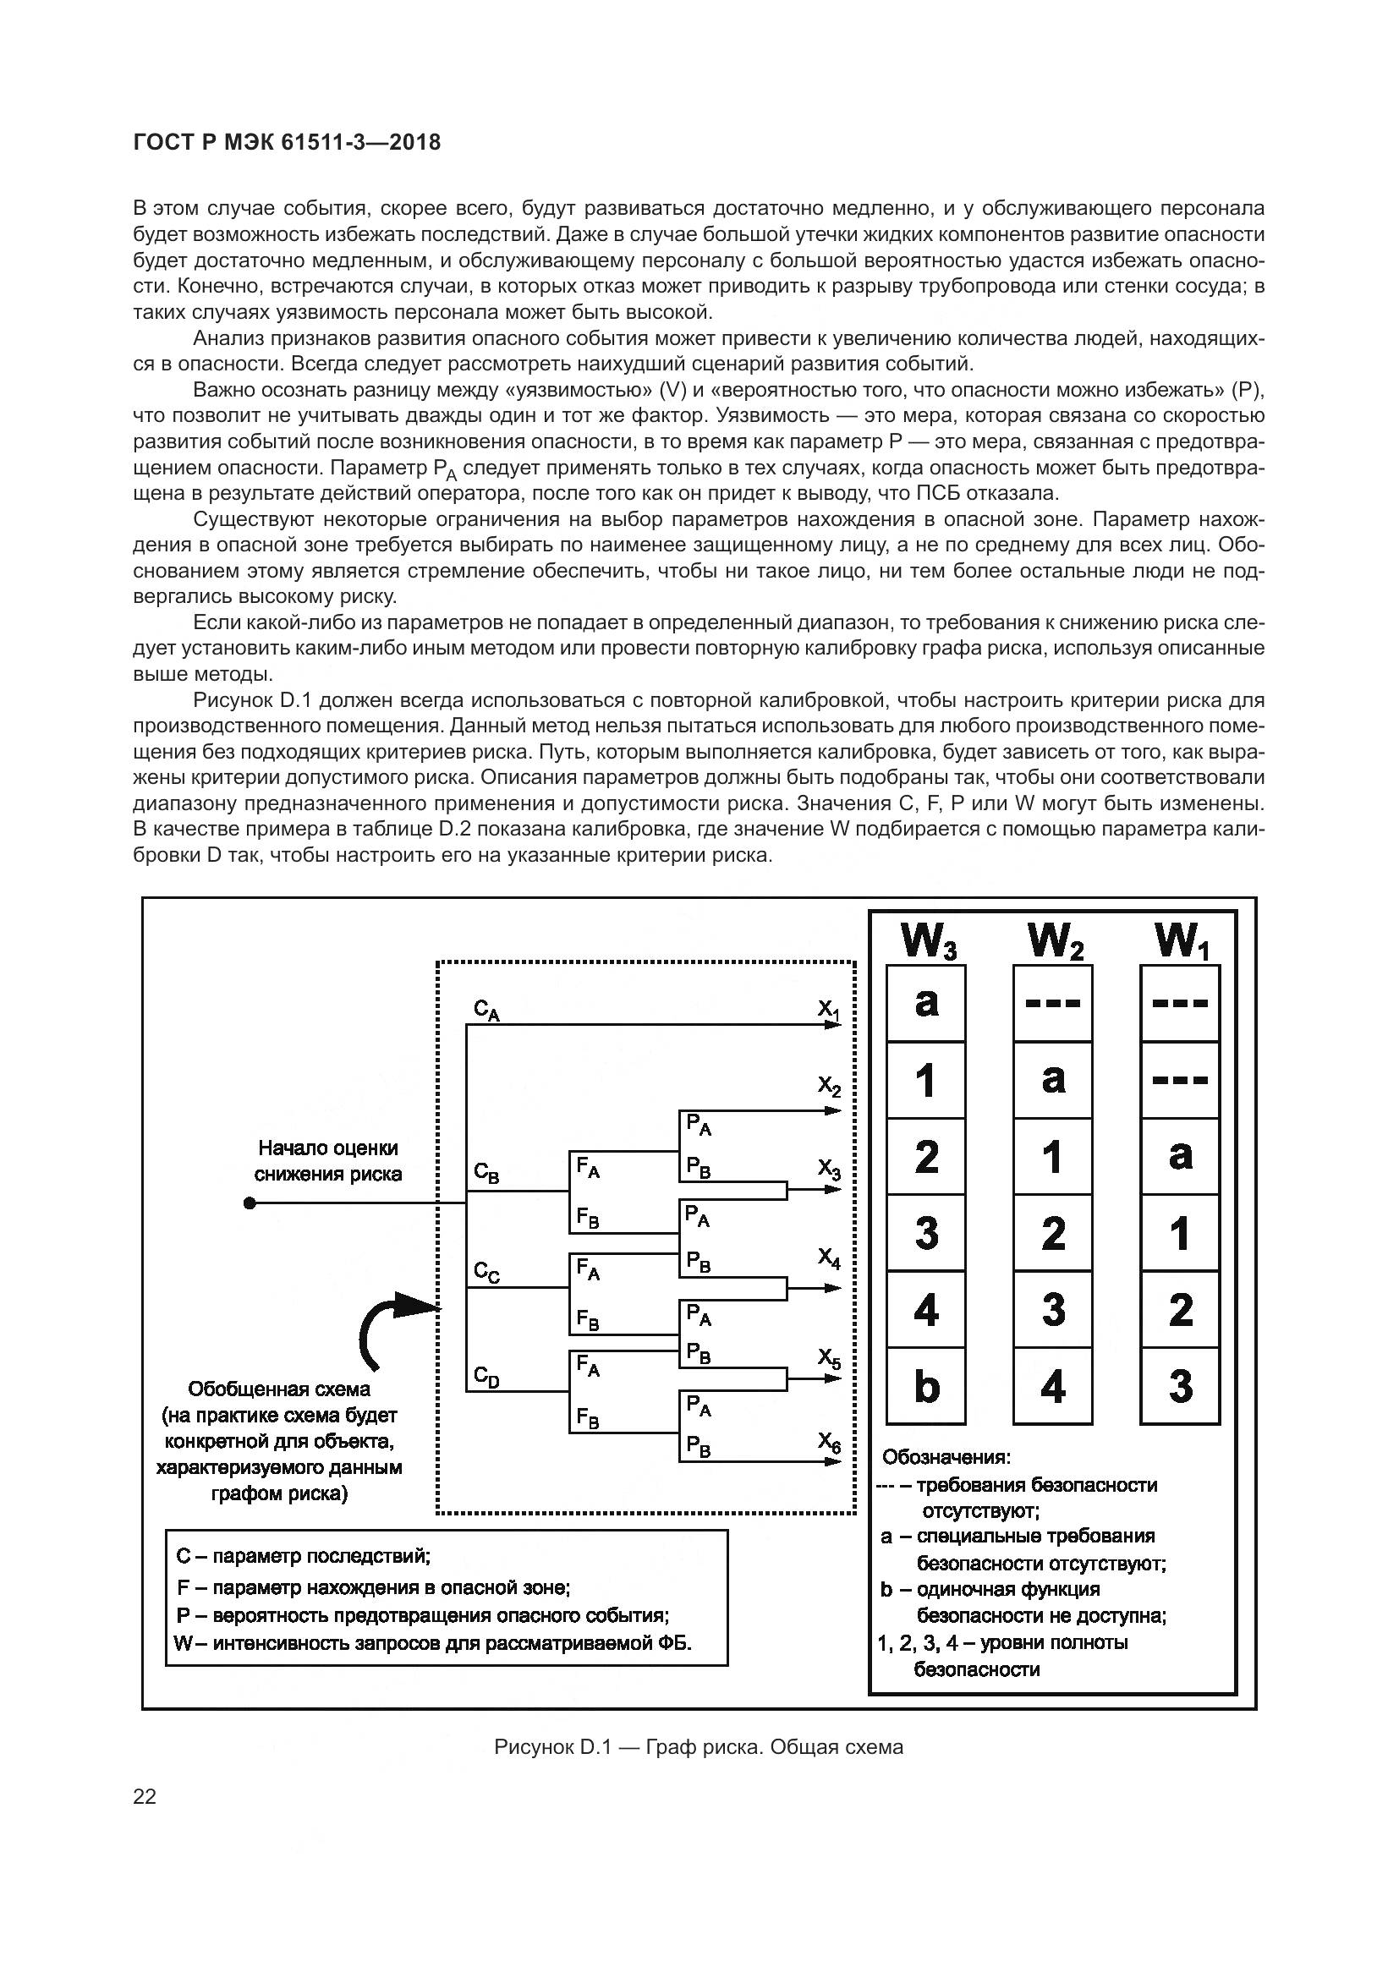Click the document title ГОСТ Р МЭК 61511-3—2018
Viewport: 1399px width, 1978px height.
pyautogui.click(x=287, y=143)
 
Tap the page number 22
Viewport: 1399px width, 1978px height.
pyautogui.click(x=145, y=1796)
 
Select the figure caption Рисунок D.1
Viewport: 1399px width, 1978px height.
pyautogui.click(x=698, y=1746)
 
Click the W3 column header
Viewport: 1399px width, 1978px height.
pyautogui.click(x=927, y=940)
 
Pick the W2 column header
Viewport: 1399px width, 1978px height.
pyautogui.click(x=1055, y=940)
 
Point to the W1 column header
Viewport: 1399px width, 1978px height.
pyautogui.click(x=1181, y=940)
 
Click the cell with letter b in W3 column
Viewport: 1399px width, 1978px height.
pyautogui.click(x=926, y=1386)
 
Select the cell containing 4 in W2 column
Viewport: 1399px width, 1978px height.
pyautogui.click(x=1053, y=1386)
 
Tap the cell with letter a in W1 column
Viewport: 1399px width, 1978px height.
pyautogui.click(x=1179, y=1156)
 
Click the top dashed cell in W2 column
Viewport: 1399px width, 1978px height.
pyautogui.click(x=1053, y=1003)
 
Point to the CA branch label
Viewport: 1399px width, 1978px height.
pyautogui.click(x=486, y=1010)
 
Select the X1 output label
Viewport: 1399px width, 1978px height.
pyautogui.click(x=829, y=1009)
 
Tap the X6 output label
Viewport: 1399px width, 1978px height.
pyautogui.click(x=829, y=1442)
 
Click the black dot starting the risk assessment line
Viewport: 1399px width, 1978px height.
pyautogui.click(x=250, y=1203)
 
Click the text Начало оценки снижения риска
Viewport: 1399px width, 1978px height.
pyautogui.click(x=327, y=1160)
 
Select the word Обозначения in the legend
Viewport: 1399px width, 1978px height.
pyautogui.click(x=945, y=1457)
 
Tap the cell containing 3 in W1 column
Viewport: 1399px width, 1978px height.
pyautogui.click(x=1179, y=1386)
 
